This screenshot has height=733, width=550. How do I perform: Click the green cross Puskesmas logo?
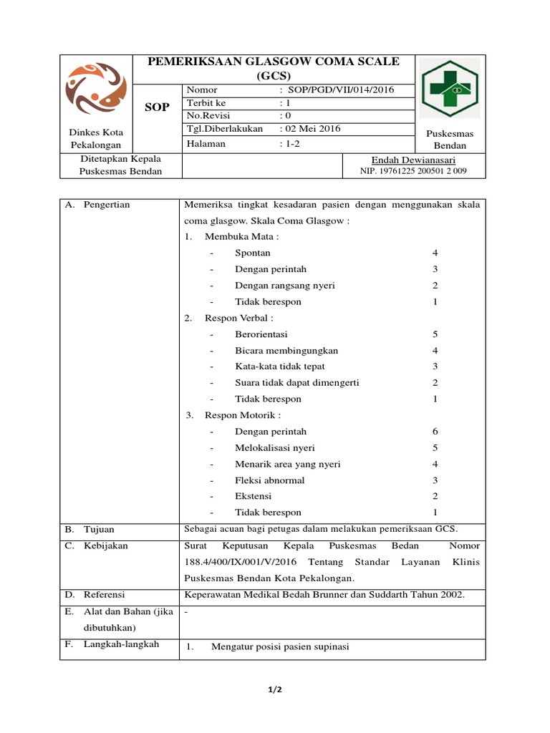point(450,88)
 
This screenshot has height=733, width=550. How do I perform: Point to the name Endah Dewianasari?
point(413,160)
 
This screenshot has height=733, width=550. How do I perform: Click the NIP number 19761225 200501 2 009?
point(412,171)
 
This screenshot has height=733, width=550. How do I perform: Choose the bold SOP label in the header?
point(157,107)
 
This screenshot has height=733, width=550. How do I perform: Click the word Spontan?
point(252,253)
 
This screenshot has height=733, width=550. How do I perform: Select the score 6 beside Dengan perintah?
point(435,432)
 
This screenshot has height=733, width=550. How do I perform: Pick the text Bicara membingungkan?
point(286,351)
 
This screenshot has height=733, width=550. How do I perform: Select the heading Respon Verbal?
point(238,318)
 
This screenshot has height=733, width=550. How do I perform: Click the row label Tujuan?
point(99,529)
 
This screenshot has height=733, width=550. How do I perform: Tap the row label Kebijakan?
point(105,545)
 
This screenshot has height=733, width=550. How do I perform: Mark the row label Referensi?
point(104,594)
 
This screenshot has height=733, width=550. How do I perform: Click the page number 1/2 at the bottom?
point(275,689)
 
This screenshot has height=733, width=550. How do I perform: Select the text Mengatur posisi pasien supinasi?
point(280,646)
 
